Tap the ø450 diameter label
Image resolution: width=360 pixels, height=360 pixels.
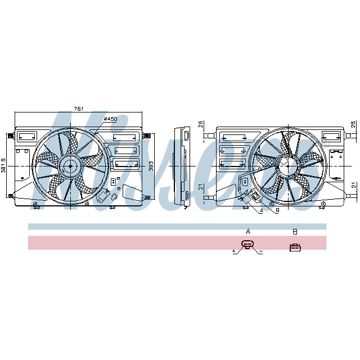tap(111, 119)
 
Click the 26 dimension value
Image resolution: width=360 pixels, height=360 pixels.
tap(201, 124)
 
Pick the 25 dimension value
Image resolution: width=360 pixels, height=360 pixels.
tap(353, 124)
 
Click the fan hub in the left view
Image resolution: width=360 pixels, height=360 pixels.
tap(70, 165)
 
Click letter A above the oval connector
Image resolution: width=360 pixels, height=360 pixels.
tap(248, 231)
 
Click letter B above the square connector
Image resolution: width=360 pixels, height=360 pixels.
tap(294, 231)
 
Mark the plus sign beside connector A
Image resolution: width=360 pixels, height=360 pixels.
tap(234, 251)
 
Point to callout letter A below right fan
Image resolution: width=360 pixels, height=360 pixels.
tap(261, 211)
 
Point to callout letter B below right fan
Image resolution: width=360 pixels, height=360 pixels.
tap(277, 211)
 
